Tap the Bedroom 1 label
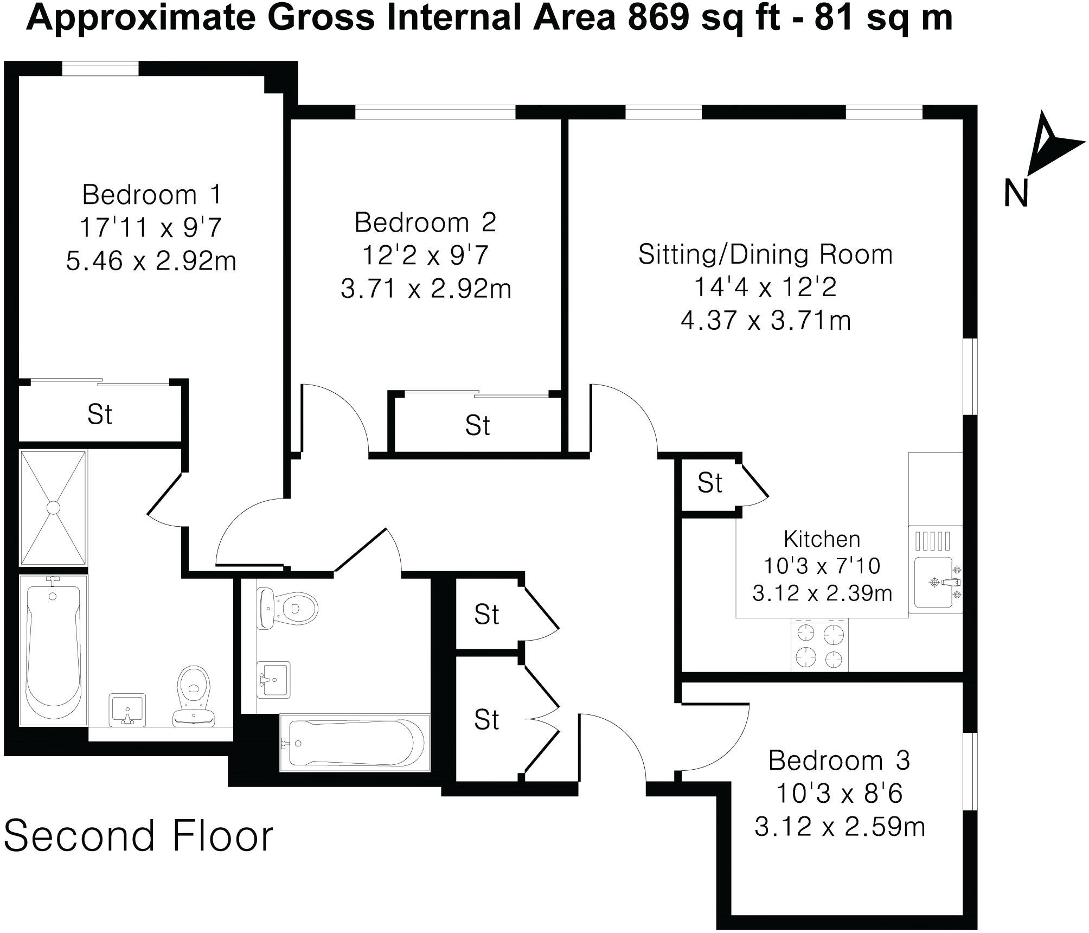click(x=152, y=195)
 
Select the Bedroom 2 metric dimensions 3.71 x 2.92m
click(x=426, y=289)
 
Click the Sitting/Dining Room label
click(x=765, y=254)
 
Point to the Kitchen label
click(x=822, y=539)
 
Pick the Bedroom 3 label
click(x=838, y=761)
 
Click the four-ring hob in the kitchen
click(x=819, y=646)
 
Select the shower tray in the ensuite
click(x=53, y=508)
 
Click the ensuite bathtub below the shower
click(x=53, y=650)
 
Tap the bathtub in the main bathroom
click(x=354, y=743)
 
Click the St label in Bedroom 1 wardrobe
click(x=100, y=415)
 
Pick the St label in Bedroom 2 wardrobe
click(x=477, y=426)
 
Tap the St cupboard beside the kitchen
click(x=709, y=483)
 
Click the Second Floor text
click(x=138, y=836)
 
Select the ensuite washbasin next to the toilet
click(x=127, y=708)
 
